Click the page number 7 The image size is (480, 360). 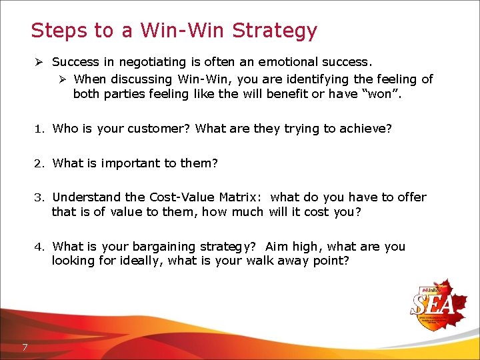click(x=24, y=347)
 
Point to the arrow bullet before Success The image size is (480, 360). click(x=40, y=62)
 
